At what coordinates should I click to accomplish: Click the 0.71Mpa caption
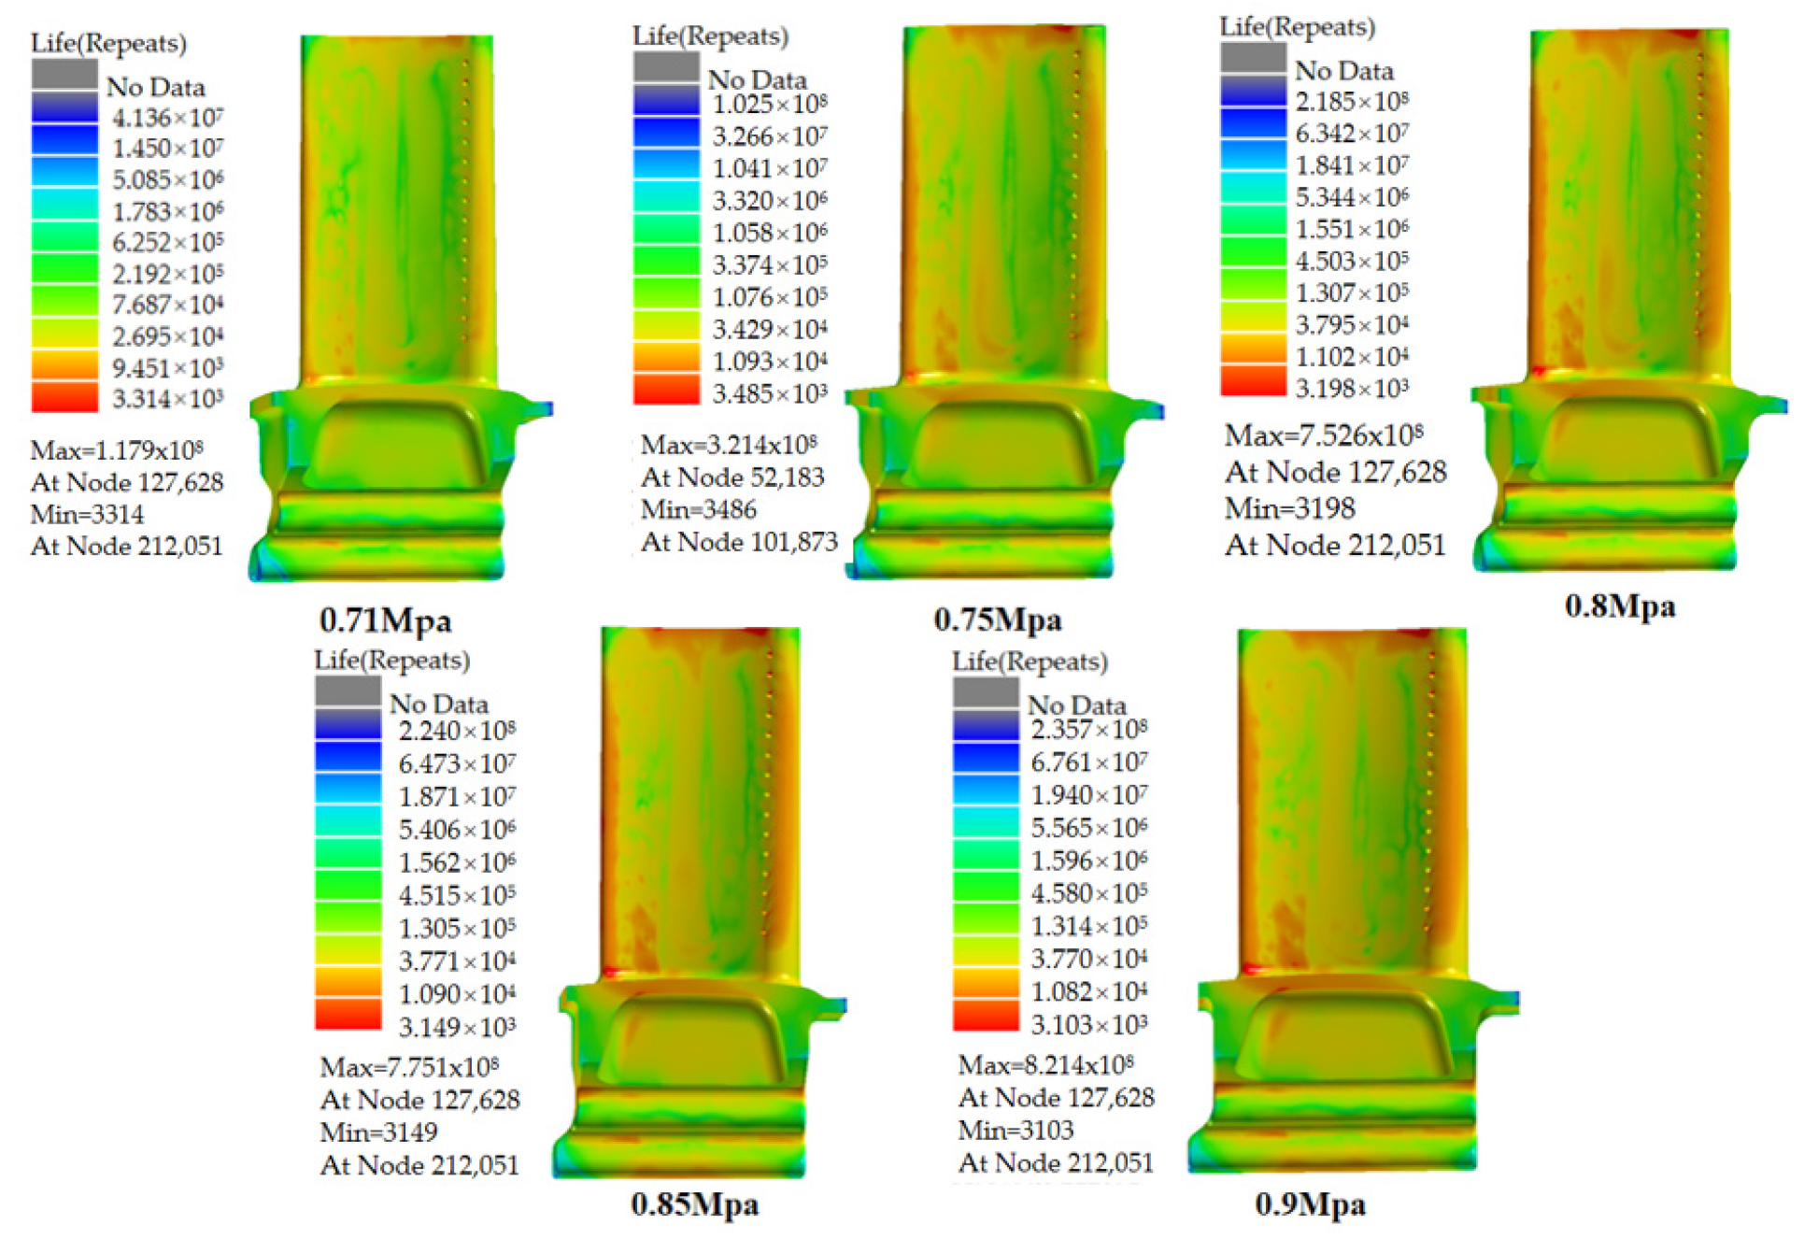[386, 619]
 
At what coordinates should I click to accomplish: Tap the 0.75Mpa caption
[998, 619]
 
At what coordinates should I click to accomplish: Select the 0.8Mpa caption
[1620, 606]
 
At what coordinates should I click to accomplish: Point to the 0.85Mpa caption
[695, 1203]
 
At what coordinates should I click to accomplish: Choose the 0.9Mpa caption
[1311, 1203]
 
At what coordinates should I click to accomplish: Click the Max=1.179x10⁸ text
[117, 450]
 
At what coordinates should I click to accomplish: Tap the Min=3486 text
[698, 509]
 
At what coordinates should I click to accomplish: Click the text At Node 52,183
[732, 477]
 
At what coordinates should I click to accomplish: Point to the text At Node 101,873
[739, 542]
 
